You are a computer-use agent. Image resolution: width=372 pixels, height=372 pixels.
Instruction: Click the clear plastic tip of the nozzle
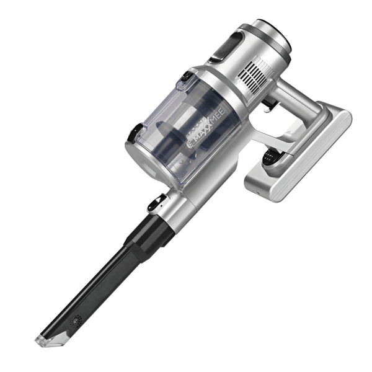51,339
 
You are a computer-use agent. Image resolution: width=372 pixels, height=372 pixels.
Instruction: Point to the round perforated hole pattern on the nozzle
76,321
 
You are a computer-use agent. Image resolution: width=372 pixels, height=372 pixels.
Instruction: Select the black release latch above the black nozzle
157,203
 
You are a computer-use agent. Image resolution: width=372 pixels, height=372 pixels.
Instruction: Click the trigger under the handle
270,105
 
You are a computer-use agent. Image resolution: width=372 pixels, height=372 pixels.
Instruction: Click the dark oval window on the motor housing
228,46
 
